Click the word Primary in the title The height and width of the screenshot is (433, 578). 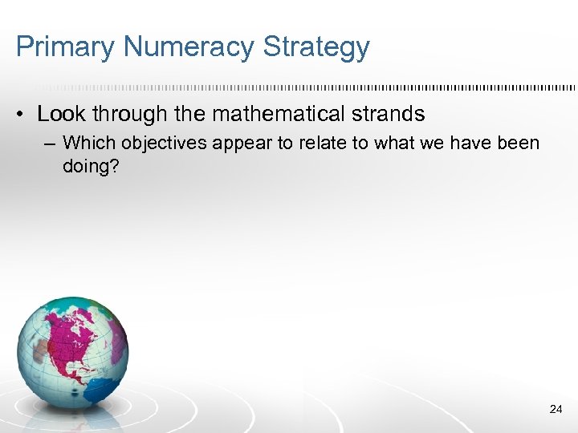[66, 47]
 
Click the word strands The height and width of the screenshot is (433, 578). [385, 115]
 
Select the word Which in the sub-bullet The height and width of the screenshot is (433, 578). [89, 144]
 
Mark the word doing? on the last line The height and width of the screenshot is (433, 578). [88, 167]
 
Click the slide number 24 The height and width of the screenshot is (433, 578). [556, 409]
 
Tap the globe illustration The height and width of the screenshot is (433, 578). [72, 353]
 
